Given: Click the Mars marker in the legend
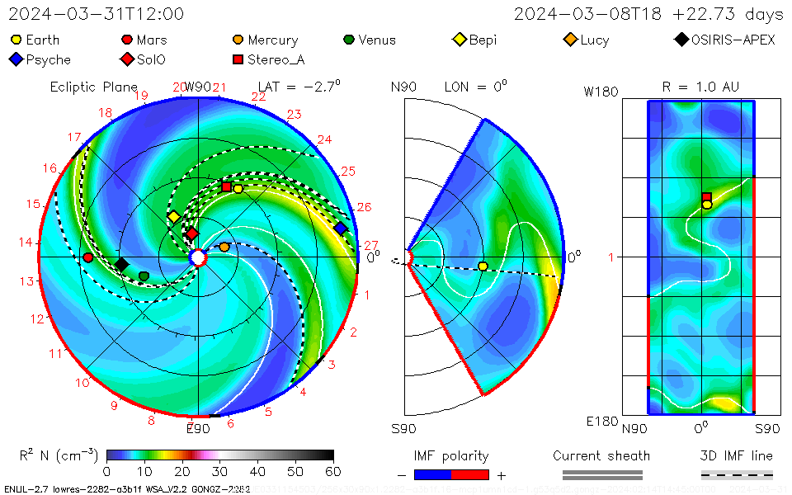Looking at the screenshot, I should [127, 40].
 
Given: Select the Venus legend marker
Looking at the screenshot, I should [349, 40].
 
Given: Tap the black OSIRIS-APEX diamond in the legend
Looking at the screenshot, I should [681, 40].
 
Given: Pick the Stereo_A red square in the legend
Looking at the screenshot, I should [238, 59].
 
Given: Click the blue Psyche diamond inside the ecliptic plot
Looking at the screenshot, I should [340, 229].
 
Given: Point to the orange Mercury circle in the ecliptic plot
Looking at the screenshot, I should [224, 247].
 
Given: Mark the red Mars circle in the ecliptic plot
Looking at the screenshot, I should [88, 257].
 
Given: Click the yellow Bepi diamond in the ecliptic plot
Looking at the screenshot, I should [173, 217].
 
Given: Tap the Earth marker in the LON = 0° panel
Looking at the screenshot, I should [483, 266].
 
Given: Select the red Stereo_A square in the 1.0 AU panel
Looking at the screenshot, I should [707, 197].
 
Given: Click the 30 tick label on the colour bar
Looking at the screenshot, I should [219, 471].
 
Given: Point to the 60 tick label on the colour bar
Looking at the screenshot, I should [332, 471].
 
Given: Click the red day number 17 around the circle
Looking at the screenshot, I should [74, 138].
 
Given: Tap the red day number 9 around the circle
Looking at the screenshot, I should [115, 405].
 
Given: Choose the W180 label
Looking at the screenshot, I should [601, 92].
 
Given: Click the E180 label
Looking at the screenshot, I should [601, 422].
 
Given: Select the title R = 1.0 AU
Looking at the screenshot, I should [700, 87].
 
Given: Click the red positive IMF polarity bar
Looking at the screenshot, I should [470, 474].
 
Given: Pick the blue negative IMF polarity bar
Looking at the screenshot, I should [432, 474].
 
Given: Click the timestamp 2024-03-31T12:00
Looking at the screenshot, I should [97, 14].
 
